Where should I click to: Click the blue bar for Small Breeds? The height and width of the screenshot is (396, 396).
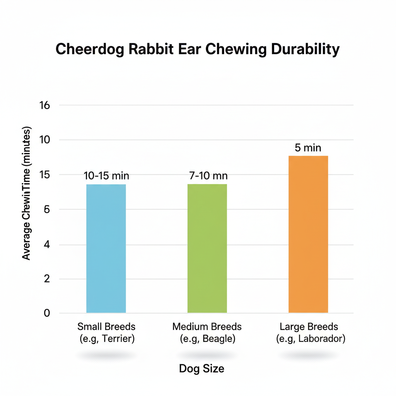click(x=106, y=248)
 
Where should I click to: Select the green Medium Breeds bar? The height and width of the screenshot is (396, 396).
click(x=207, y=248)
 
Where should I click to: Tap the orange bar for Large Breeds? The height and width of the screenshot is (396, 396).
click(x=308, y=234)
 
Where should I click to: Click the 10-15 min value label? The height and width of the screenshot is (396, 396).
click(x=106, y=176)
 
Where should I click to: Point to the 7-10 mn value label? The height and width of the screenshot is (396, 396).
click(x=208, y=176)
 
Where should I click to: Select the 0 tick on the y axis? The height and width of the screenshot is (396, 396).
click(x=47, y=313)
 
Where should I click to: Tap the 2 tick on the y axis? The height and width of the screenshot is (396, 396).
click(x=47, y=279)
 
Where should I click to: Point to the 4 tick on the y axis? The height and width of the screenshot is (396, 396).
click(x=47, y=245)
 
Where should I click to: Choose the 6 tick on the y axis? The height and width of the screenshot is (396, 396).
click(x=47, y=210)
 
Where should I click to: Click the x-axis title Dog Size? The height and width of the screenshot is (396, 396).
click(x=201, y=369)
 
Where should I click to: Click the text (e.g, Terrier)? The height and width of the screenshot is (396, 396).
click(x=106, y=339)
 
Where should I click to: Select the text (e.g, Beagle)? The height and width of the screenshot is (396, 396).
click(x=207, y=339)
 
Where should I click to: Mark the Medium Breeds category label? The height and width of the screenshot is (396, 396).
click(x=207, y=326)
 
